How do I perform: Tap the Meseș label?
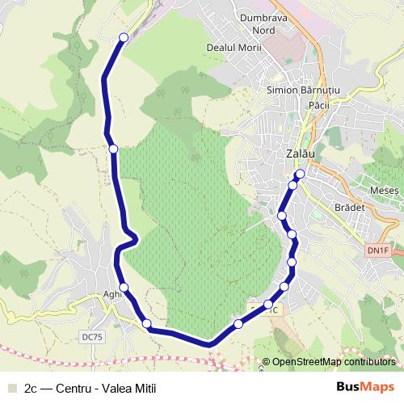point(384,190)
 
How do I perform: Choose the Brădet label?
point(350,207)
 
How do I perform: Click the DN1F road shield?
point(377,250)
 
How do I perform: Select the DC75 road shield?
point(92,337)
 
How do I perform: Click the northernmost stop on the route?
point(124,37)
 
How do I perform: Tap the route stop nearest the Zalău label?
point(300,174)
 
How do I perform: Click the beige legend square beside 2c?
point(12,388)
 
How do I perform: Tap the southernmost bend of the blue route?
point(209,344)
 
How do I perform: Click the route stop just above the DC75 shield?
point(147,324)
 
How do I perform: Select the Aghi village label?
point(113,296)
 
